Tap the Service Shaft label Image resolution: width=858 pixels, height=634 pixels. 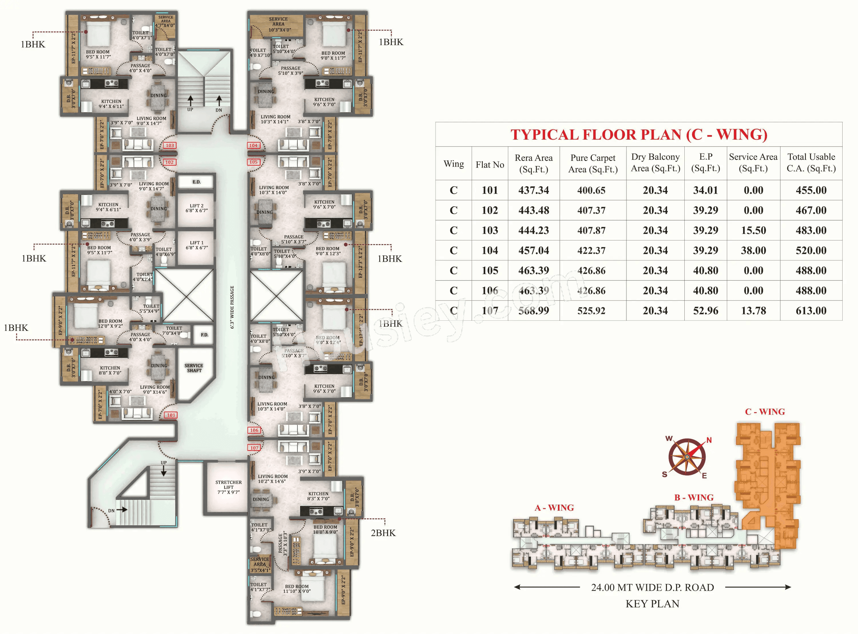click(194, 368)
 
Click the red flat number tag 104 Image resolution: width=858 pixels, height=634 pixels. click(253, 145)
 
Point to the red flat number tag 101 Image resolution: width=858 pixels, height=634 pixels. click(171, 415)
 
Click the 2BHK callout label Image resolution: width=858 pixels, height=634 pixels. click(383, 533)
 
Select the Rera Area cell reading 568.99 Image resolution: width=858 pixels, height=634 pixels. click(534, 311)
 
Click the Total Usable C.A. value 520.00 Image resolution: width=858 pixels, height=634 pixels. click(811, 251)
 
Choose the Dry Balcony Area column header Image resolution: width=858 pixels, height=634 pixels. click(655, 163)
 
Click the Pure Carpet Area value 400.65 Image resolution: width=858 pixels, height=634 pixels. click(591, 190)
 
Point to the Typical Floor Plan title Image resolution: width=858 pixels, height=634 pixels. click(639, 135)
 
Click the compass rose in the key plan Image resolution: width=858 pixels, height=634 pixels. click(687, 457)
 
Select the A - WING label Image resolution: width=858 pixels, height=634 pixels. click(554, 508)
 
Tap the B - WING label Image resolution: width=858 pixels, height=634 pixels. click(694, 497)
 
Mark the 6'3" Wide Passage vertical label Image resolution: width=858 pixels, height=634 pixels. click(232, 307)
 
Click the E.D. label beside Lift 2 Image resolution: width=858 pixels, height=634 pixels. click(196, 182)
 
